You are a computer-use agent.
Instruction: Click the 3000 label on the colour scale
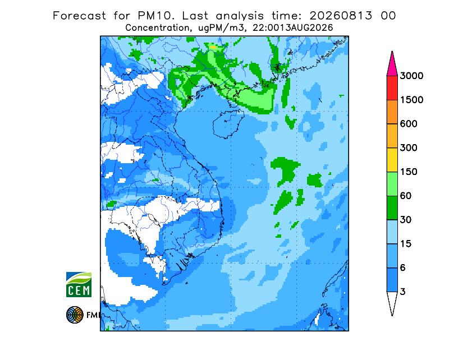(x=411, y=76)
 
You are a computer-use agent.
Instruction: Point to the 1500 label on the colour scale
(x=411, y=100)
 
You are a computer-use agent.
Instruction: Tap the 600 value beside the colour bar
(x=409, y=124)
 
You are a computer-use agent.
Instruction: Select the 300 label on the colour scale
(x=409, y=148)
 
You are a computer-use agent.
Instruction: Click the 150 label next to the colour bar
(x=409, y=172)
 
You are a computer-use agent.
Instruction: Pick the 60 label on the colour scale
(x=406, y=196)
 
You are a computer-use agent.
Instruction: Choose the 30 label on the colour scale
(x=406, y=220)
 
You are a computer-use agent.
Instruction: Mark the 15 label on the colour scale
(x=406, y=244)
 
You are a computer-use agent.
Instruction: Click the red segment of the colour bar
(x=392, y=88)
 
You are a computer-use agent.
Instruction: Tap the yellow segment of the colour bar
(x=392, y=160)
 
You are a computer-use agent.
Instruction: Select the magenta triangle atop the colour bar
(x=392, y=66)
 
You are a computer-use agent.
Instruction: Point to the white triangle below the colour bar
(x=392, y=302)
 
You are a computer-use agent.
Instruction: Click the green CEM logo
(x=79, y=284)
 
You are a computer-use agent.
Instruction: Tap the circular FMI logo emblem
(x=75, y=315)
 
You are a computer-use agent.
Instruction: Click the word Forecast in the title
(x=79, y=16)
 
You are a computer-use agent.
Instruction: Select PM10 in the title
(x=155, y=16)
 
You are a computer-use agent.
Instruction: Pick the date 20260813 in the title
(x=341, y=16)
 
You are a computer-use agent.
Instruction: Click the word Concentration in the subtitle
(x=157, y=28)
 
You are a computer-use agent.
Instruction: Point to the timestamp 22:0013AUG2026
(x=296, y=28)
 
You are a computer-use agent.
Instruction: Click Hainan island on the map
(x=228, y=124)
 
